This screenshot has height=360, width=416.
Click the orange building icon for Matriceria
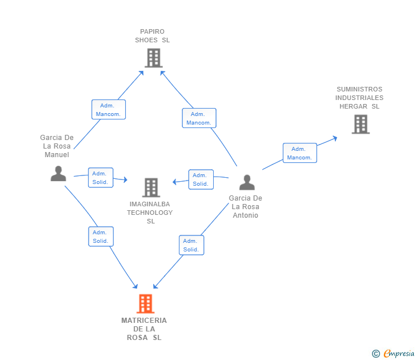pyautogui.click(x=145, y=303)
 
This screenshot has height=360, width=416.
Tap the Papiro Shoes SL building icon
pyautogui.click(x=154, y=58)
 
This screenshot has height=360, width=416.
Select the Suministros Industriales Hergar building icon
pyautogui.click(x=361, y=124)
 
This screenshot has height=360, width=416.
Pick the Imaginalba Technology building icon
pyautogui.click(x=151, y=187)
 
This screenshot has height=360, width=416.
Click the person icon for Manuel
pyautogui.click(x=58, y=174)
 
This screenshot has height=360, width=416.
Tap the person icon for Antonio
pyautogui.click(x=247, y=182)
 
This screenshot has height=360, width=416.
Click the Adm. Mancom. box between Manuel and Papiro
pyautogui.click(x=109, y=110)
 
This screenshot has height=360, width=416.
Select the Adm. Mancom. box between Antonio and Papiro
pyautogui.click(x=199, y=118)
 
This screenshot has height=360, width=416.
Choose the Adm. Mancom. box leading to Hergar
pyautogui.click(x=300, y=153)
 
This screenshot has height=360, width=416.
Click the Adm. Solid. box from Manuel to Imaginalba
pyautogui.click(x=101, y=178)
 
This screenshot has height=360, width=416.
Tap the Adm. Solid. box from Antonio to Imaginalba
pyautogui.click(x=201, y=179)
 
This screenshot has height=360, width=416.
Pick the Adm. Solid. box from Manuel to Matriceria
pyautogui.click(x=101, y=237)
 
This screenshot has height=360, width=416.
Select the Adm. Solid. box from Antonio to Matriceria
pyautogui.click(x=191, y=245)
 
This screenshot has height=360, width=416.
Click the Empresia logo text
pyautogui.click(x=399, y=353)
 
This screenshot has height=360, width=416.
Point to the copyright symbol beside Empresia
pyautogui.click(x=375, y=354)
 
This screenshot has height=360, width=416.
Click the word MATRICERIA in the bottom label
pyautogui.click(x=144, y=321)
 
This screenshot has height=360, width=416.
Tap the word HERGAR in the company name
pyautogui.click(x=353, y=106)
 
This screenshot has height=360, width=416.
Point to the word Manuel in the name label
pyautogui.click(x=57, y=155)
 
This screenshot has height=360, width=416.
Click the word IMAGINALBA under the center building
pyautogui.click(x=150, y=204)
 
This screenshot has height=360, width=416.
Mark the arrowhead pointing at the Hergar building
pyautogui.click(x=335, y=138)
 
